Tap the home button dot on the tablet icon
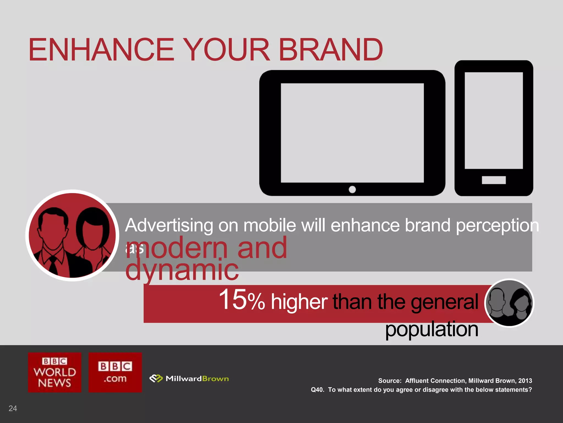(x=352, y=189)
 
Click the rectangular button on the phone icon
(x=494, y=180)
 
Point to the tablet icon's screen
(x=352, y=133)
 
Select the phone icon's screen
(x=494, y=120)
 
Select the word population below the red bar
(x=432, y=329)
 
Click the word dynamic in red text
(x=182, y=270)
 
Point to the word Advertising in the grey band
(x=169, y=226)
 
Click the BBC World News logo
(x=55, y=372)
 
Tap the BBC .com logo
(x=115, y=372)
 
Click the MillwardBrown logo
(x=189, y=379)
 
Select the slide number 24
(x=13, y=408)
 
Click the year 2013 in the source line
(x=525, y=381)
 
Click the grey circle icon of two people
(x=509, y=303)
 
